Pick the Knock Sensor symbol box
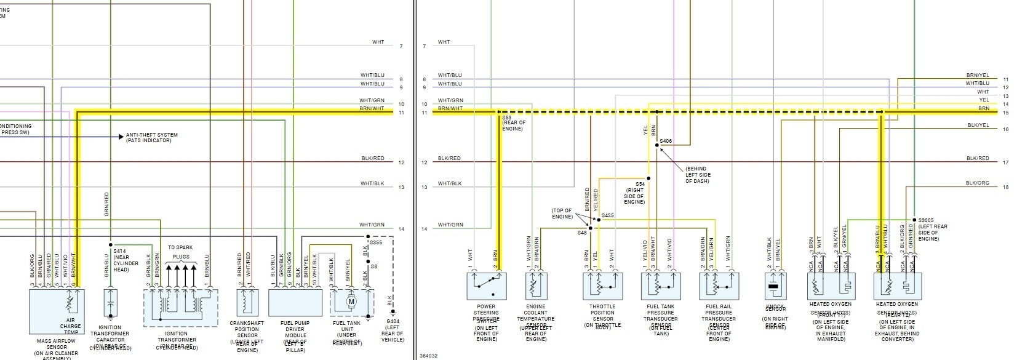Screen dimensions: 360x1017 pos(775,286)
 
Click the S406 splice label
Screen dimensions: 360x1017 pos(666,141)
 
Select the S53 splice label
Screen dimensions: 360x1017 pos(506,117)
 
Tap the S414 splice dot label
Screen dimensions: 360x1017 pos(120,251)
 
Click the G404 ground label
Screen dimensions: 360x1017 pos(392,321)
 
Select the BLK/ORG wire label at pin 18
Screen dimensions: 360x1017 pos(977,183)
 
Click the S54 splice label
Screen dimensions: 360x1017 pos(640,184)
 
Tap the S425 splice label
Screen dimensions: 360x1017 pos(608,215)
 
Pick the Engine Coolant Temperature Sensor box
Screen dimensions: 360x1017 pos(536,286)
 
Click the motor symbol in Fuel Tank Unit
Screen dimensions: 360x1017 pos(352,302)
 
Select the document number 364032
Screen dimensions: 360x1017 pos(429,355)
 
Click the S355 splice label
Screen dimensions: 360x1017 pos(376,243)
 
